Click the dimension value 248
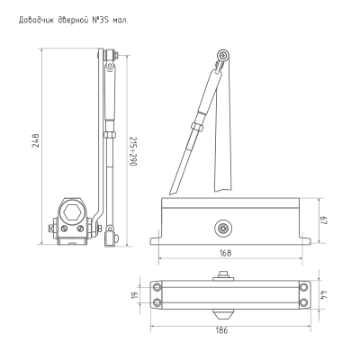36,140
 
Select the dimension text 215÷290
133,151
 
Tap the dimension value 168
225,253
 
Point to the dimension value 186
222,330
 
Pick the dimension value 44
323,294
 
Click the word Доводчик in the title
36,21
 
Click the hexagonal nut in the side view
74,212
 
